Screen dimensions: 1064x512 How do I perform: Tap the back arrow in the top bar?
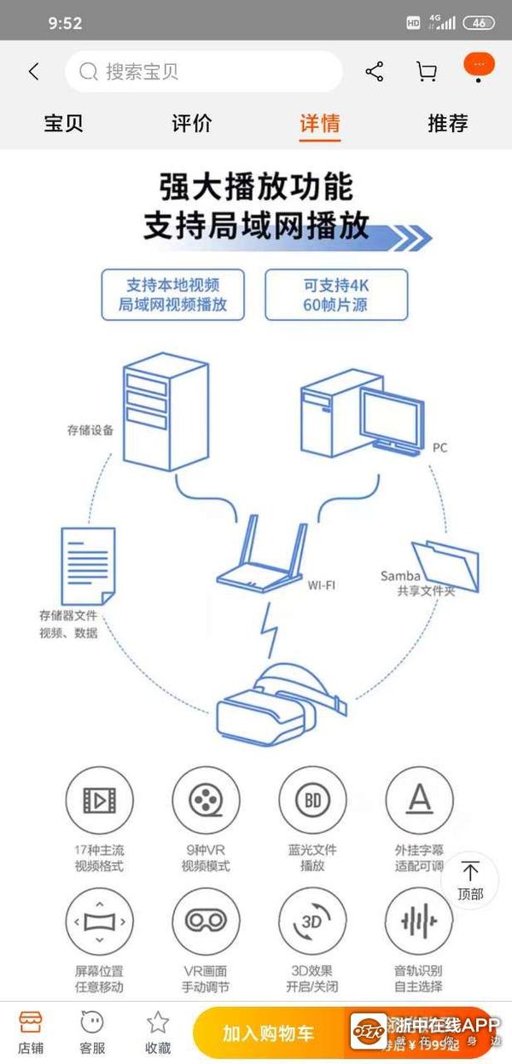pyautogui.click(x=34, y=72)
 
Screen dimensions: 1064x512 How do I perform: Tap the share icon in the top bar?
pyautogui.click(x=374, y=72)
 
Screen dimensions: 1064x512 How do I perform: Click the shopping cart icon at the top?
pyautogui.click(x=426, y=72)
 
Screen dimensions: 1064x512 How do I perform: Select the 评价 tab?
pyautogui.click(x=192, y=123)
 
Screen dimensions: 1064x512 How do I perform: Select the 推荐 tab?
pyautogui.click(x=448, y=123)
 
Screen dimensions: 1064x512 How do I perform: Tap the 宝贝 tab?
pyautogui.click(x=64, y=123)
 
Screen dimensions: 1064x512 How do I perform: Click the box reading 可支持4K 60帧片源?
pyautogui.click(x=336, y=294)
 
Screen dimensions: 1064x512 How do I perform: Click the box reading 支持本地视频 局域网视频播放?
pyautogui.click(x=172, y=294)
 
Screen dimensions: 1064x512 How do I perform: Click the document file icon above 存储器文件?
pyautogui.click(x=88, y=565)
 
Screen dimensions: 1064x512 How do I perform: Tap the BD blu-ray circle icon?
pyautogui.click(x=312, y=801)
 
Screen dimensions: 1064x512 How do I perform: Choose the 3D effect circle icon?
pyautogui.click(x=312, y=922)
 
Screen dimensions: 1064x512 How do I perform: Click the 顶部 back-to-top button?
pyautogui.click(x=470, y=879)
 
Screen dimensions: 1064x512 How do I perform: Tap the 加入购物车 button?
pyautogui.click(x=269, y=1033)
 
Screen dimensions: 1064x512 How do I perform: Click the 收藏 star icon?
pyautogui.click(x=158, y=1030)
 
